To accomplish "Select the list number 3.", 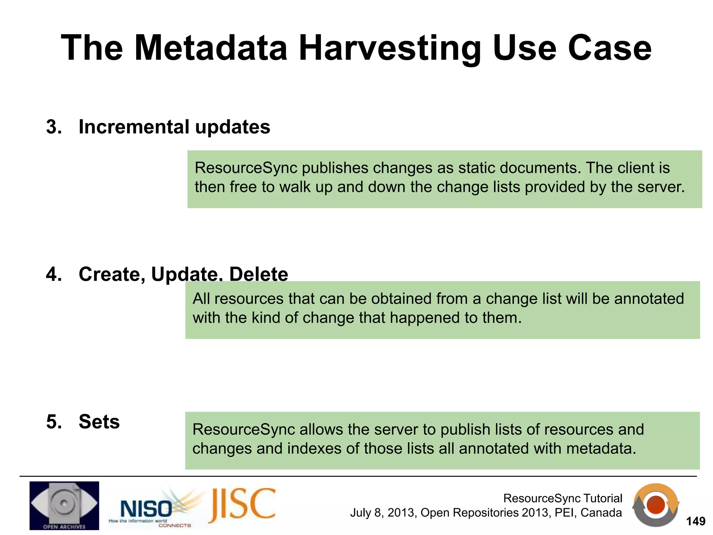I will [54, 127].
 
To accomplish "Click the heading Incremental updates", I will [174, 127].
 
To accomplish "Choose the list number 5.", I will [54, 422].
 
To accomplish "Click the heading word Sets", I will [99, 422].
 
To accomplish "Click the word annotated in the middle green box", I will [649, 299].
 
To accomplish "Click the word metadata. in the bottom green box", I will [601, 449].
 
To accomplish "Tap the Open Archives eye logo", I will [64, 505].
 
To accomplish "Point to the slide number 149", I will [695, 521].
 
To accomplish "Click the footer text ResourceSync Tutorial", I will [563, 498].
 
